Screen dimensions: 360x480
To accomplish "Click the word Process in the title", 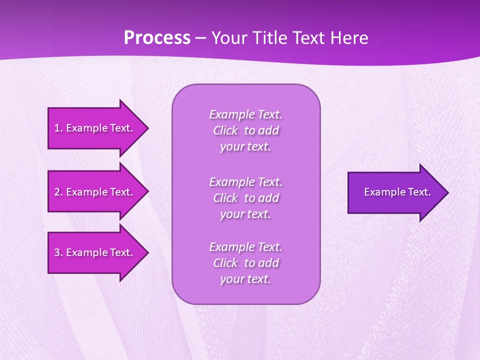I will (x=157, y=38).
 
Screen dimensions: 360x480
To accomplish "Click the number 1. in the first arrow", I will (x=58, y=128).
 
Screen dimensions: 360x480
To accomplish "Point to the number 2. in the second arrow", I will (x=58, y=192).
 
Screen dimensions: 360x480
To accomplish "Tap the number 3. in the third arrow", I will (x=58, y=252).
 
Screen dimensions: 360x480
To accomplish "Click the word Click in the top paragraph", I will (x=225, y=130).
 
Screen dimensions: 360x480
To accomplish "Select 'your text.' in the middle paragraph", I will (x=245, y=214).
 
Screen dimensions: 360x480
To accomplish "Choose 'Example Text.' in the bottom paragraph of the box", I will (x=245, y=246).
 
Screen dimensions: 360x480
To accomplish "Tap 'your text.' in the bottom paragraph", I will (x=245, y=279).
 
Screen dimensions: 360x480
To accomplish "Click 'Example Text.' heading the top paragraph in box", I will (x=245, y=114).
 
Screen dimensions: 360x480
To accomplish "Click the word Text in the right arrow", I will (x=419, y=192).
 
